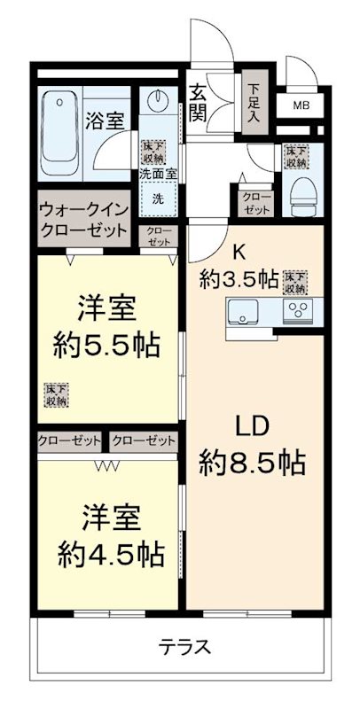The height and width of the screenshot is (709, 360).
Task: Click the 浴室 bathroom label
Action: click(x=104, y=121)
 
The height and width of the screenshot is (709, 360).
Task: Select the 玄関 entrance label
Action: click(x=198, y=102)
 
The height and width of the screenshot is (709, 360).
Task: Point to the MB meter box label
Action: click(x=301, y=106)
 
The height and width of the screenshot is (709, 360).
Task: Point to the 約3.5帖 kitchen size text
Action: click(x=239, y=280)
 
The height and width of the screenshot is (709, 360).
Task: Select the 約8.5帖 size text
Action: click(x=253, y=462)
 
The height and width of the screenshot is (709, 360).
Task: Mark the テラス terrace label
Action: click(x=184, y=646)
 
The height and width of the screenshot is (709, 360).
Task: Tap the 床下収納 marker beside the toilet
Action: click(x=295, y=157)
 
